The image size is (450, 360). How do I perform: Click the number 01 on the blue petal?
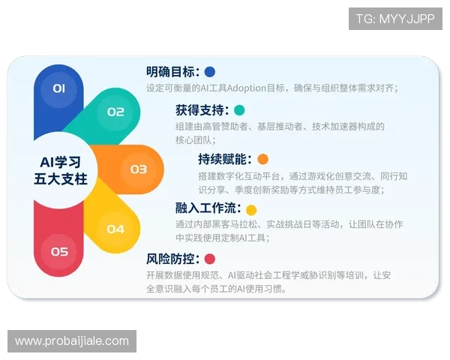[x=59, y=88]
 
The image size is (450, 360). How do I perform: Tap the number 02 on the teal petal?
[x=115, y=112]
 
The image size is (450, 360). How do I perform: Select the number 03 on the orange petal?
[x=139, y=169]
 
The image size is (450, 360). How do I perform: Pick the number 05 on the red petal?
[x=59, y=252]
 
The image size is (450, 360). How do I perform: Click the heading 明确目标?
[x=172, y=72]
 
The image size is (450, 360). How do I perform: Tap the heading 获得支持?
[x=202, y=110]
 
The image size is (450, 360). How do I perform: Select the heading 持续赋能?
[x=225, y=159]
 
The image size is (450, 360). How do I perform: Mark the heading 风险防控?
[x=172, y=259]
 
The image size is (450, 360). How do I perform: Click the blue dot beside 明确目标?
[x=210, y=72]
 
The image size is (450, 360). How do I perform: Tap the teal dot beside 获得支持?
[x=239, y=110]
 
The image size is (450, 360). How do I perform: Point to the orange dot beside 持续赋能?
[x=262, y=159]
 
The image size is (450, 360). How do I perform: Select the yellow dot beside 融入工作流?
[x=251, y=210]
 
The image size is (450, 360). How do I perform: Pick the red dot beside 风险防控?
[x=210, y=259]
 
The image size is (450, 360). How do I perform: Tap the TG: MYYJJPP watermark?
[x=395, y=19]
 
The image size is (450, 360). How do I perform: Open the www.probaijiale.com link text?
[x=72, y=341]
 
